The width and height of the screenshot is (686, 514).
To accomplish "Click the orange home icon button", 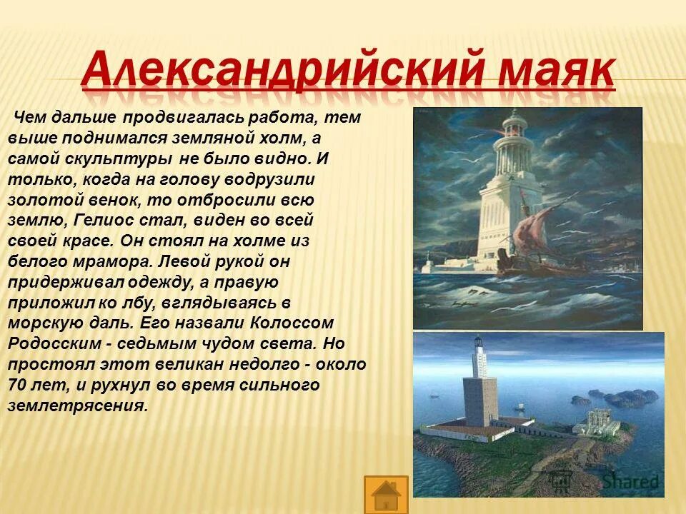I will tap(386, 495).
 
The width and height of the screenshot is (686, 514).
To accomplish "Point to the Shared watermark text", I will tap(629, 482).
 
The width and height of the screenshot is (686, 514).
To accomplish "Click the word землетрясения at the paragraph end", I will tap(77, 405).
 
